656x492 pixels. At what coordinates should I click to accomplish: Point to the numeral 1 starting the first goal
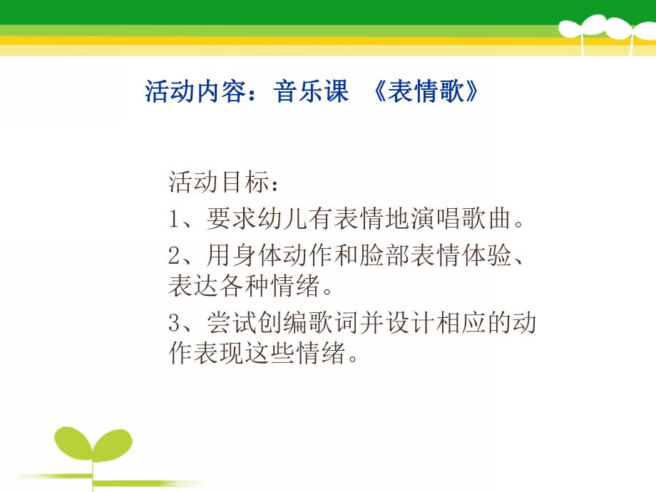pos(175,220)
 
